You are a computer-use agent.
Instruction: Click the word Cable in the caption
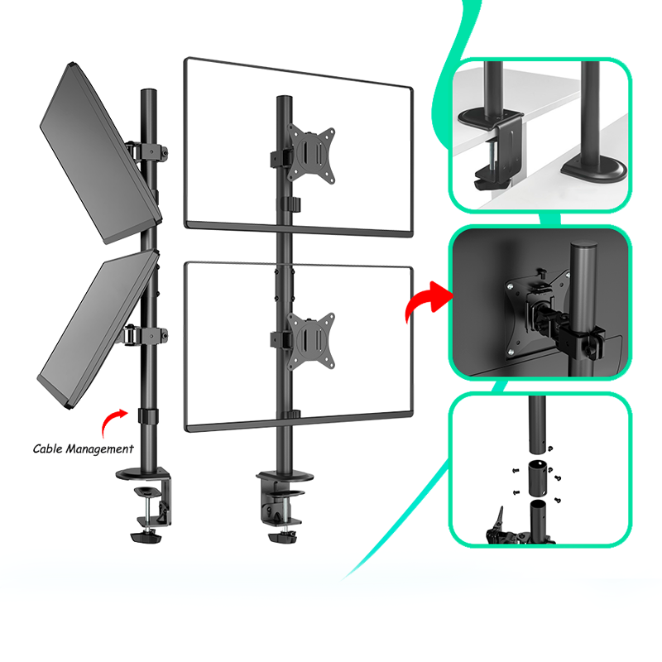[x=47, y=449]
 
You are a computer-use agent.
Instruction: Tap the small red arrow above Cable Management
[x=113, y=422]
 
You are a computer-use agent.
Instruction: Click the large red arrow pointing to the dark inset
[x=427, y=300]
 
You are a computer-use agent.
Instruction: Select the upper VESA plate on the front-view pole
[x=311, y=154]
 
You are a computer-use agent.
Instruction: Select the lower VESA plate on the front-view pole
[x=311, y=341]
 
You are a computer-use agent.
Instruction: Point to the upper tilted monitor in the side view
[x=100, y=154]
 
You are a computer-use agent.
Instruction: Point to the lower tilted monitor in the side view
[x=98, y=330]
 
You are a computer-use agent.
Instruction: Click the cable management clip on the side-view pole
[x=148, y=416]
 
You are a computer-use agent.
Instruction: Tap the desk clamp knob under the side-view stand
[x=146, y=537]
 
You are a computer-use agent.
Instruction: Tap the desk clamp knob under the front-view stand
[x=282, y=537]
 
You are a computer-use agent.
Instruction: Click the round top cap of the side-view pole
[x=149, y=92]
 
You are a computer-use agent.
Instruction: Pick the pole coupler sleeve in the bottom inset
[x=537, y=478]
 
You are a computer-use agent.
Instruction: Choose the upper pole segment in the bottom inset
[x=536, y=425]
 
